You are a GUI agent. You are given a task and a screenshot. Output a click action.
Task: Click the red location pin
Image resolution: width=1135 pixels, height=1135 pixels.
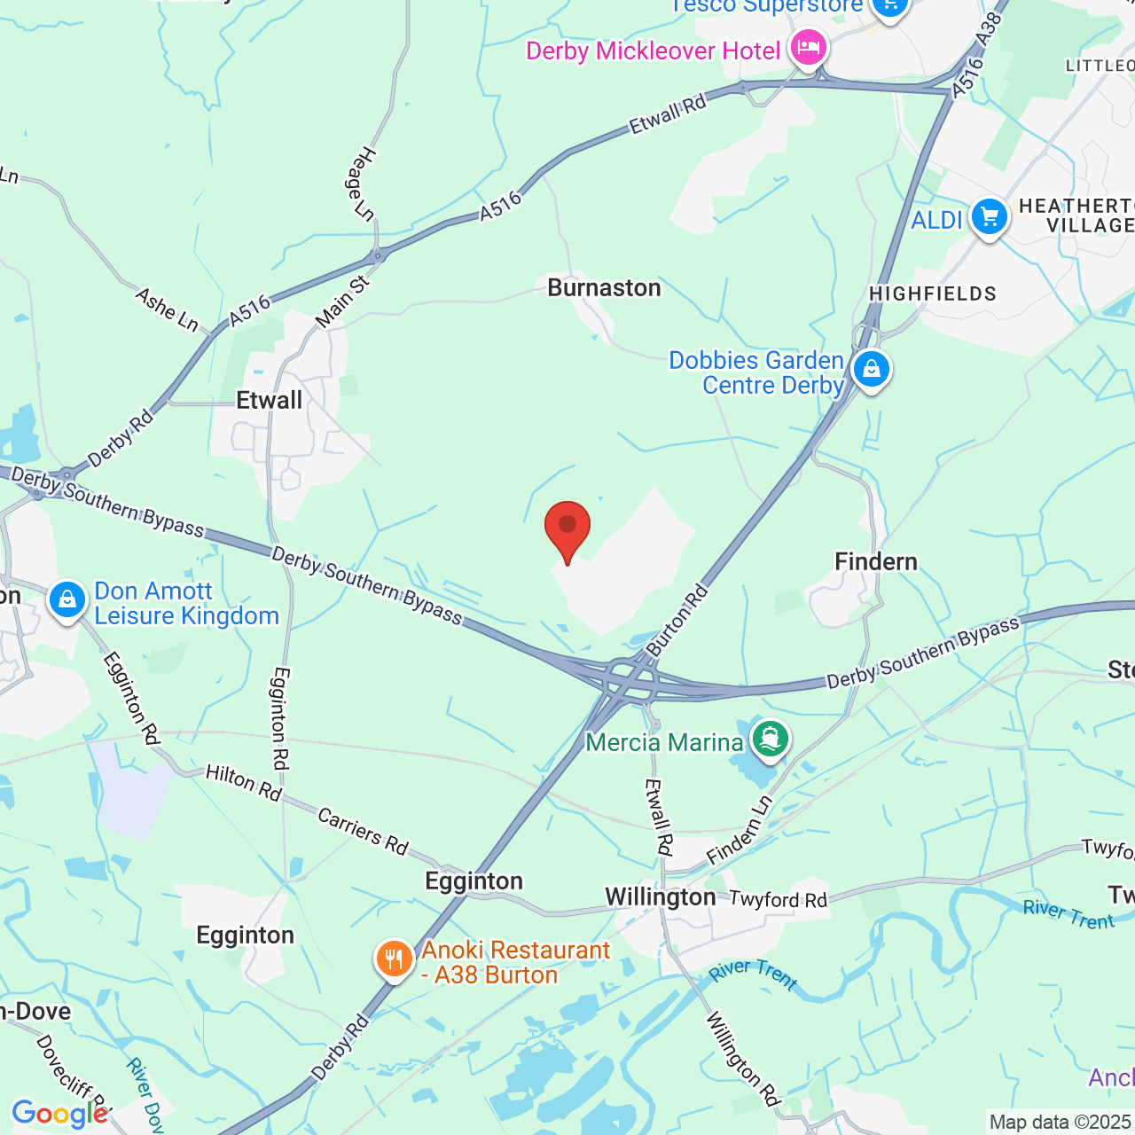tap(567, 529)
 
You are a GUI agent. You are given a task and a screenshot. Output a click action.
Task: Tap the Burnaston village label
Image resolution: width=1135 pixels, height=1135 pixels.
tap(604, 288)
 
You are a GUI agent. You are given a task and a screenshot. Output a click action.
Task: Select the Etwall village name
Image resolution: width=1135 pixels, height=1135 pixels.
tap(269, 401)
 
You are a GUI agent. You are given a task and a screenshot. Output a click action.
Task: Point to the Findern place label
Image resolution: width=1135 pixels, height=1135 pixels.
tap(875, 561)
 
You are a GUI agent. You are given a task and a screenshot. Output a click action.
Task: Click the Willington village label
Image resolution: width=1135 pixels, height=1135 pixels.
tap(660, 897)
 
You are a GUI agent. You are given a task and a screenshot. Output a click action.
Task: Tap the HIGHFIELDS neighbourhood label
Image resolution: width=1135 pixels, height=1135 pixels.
tap(933, 294)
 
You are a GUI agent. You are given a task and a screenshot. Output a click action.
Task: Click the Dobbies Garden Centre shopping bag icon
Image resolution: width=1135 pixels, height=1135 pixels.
tap(871, 369)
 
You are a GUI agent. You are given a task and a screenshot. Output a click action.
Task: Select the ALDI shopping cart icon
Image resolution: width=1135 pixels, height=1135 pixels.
tap(989, 216)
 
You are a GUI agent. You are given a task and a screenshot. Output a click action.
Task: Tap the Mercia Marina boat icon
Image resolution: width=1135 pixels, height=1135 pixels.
tap(770, 739)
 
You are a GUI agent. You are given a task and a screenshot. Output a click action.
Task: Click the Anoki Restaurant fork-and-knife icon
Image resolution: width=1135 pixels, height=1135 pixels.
tap(394, 959)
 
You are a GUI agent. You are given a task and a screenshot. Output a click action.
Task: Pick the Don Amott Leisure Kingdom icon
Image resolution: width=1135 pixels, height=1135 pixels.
tap(67, 600)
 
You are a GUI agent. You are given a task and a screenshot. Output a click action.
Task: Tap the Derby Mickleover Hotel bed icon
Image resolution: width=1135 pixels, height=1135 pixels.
tap(807, 46)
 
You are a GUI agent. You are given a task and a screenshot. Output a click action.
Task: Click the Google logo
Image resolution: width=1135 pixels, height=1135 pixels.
tap(59, 1114)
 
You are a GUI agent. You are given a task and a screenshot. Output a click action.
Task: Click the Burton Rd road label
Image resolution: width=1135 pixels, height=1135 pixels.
tap(678, 620)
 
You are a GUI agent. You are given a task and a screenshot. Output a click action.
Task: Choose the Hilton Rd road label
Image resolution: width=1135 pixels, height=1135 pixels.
tap(243, 784)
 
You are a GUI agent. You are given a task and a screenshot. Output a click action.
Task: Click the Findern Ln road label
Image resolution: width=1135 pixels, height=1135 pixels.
tap(740, 831)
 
